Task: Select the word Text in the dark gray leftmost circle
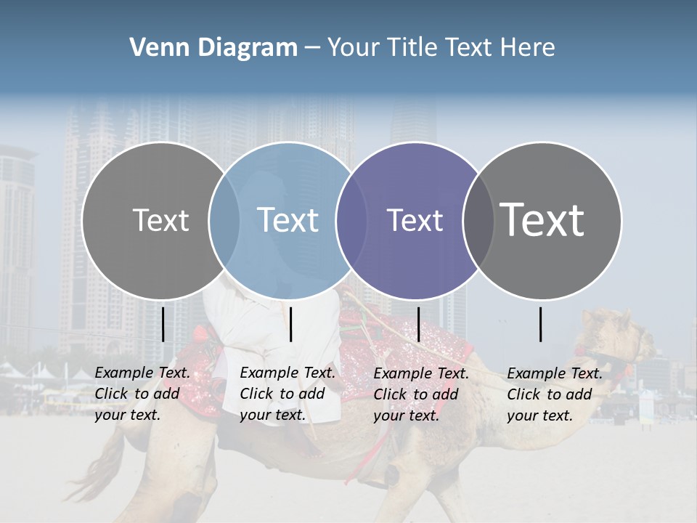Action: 160,220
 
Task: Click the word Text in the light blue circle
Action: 288,220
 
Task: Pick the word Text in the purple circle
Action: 415,220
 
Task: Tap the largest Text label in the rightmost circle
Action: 542,219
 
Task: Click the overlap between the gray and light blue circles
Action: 224,221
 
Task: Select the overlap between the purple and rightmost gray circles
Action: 478,221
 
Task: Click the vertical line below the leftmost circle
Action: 163,324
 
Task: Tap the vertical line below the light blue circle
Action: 290,324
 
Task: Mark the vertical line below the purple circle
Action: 418,324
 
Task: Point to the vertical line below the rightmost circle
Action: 541,324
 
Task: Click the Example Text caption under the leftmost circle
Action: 142,394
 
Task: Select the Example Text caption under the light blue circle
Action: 287,394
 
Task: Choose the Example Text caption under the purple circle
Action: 420,394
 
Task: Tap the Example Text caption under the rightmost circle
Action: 554,394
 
